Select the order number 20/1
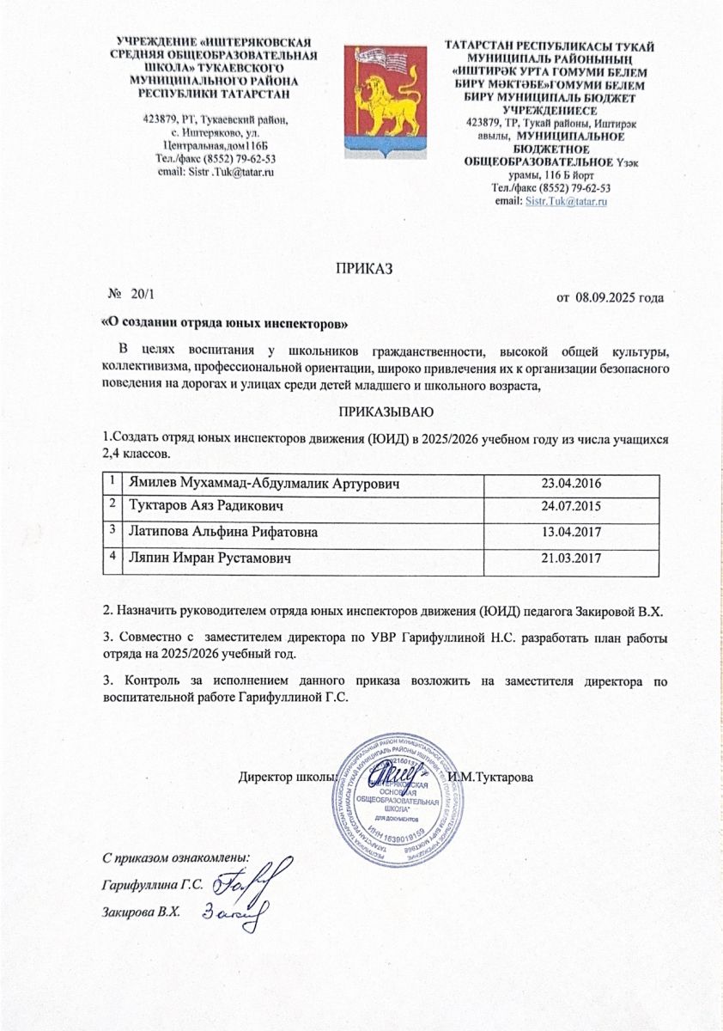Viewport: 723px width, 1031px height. tap(137, 296)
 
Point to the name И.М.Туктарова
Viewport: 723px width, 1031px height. tap(491, 778)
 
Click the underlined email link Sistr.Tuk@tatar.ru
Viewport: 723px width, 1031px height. tap(565, 200)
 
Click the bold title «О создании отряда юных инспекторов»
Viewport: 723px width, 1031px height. tap(226, 323)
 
